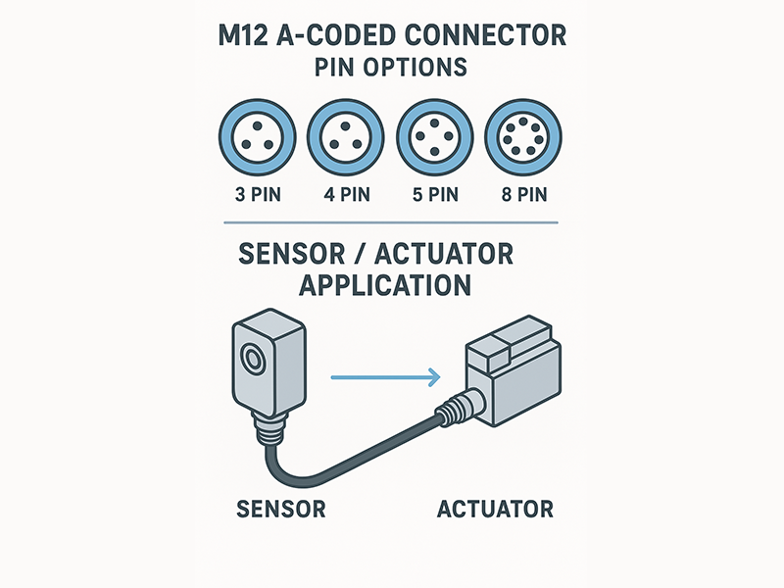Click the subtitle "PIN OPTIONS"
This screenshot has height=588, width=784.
point(391,71)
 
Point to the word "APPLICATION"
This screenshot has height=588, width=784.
point(384,285)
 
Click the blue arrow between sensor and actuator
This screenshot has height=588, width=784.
point(382,374)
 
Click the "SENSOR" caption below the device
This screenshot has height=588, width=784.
point(280,510)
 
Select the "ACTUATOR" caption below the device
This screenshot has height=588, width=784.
point(495,510)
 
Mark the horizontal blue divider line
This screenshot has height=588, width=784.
point(391,223)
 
